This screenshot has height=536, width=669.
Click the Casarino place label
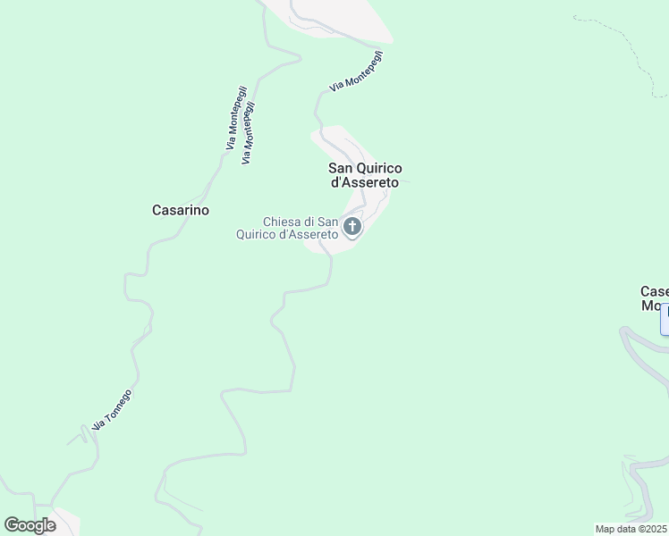point(181,210)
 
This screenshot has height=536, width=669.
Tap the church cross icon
point(352,227)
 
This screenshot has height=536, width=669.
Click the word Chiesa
point(282,222)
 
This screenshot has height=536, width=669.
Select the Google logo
point(30,525)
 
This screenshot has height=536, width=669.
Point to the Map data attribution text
point(620,528)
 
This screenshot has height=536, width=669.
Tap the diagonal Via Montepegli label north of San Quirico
point(356,71)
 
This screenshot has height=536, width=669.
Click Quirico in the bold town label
point(380,168)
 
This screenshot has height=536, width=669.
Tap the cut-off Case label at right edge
point(655,291)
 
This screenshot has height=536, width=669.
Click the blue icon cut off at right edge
point(665,320)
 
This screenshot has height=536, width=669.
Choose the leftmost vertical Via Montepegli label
point(232,123)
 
